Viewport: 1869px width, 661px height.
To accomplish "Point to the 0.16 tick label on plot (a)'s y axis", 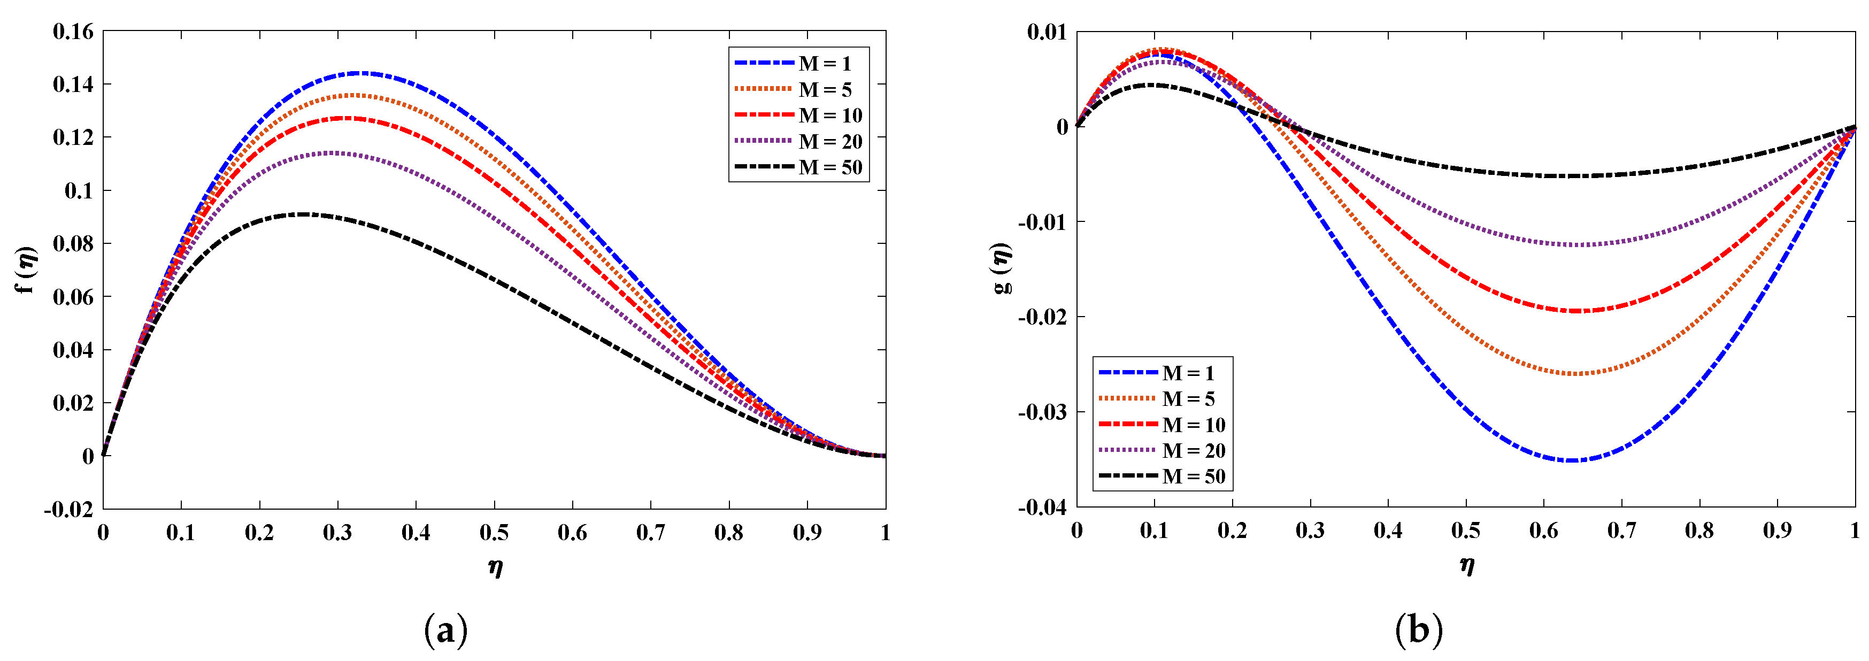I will click(x=73, y=31).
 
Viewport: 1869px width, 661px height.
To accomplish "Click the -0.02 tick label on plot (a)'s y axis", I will click(x=69, y=509).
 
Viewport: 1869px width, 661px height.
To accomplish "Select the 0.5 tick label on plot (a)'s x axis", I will click(x=494, y=533).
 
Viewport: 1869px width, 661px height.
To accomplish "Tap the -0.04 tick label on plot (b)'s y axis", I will click(x=1043, y=507).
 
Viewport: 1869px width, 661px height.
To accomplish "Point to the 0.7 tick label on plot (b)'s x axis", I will click(x=1621, y=531).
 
